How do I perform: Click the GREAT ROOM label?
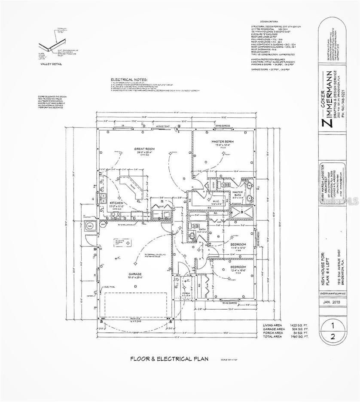point(144,149)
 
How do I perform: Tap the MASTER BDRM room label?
point(222,141)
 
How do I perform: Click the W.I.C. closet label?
point(217,201)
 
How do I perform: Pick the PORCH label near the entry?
point(186,294)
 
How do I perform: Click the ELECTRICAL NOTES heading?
point(129,80)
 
